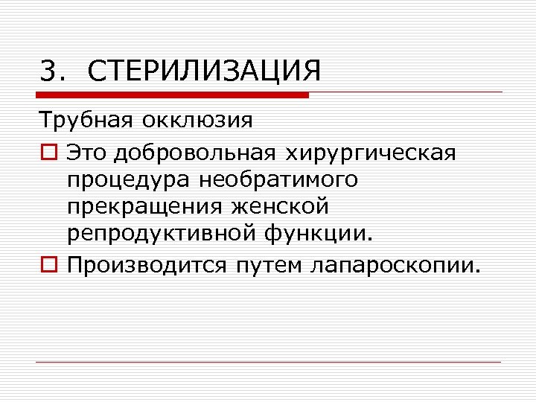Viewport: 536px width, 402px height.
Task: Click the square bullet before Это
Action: point(48,153)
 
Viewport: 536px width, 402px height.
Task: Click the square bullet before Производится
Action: point(48,266)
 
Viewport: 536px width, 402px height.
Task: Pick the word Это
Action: point(84,153)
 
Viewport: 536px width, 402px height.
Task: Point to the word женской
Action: point(284,208)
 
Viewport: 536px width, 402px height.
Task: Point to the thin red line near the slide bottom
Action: point(268,363)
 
